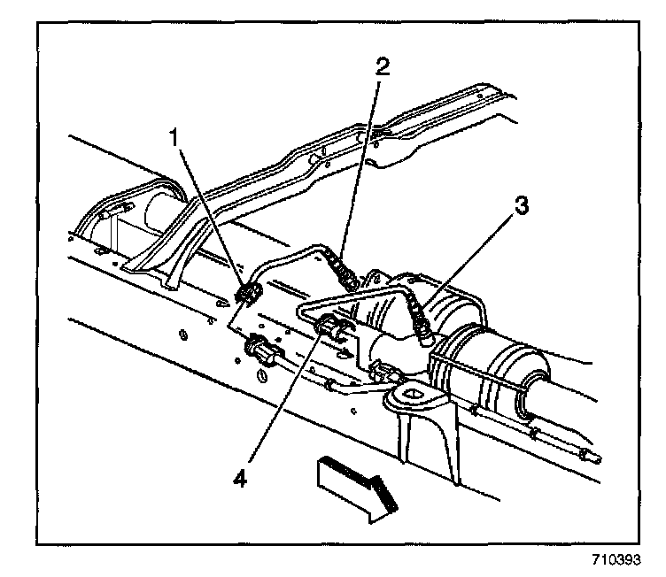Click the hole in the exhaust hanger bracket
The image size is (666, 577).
pos(411,393)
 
